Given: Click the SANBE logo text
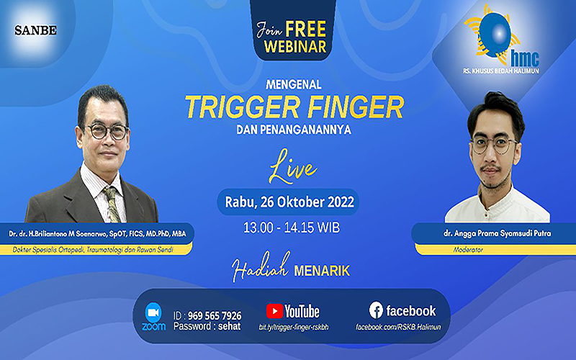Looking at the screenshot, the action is click(35, 30).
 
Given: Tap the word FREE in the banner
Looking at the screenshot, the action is click(305, 30).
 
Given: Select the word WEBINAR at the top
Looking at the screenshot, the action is click(295, 47).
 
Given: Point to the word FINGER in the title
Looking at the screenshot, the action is click(356, 107).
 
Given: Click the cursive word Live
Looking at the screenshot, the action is click(292, 167).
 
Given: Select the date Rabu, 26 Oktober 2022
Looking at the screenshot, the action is click(289, 202).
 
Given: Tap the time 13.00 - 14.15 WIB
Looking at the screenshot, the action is click(292, 228).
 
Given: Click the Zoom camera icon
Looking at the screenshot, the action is click(153, 312).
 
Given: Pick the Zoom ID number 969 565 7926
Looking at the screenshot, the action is click(215, 316).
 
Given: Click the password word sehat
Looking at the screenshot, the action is click(229, 326).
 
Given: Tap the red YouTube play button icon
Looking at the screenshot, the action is click(275, 311).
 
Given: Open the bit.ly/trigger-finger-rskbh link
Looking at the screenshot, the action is click(294, 328).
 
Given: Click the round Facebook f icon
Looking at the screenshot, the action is click(376, 311).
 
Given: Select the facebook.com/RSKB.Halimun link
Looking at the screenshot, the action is click(398, 327).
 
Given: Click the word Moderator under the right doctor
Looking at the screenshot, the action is click(468, 250).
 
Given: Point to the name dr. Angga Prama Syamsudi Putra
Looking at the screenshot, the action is click(497, 233).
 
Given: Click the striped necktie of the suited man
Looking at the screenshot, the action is click(112, 204).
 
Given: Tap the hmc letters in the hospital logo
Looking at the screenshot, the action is click(525, 59).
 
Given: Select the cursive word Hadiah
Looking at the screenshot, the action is click(261, 267).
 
